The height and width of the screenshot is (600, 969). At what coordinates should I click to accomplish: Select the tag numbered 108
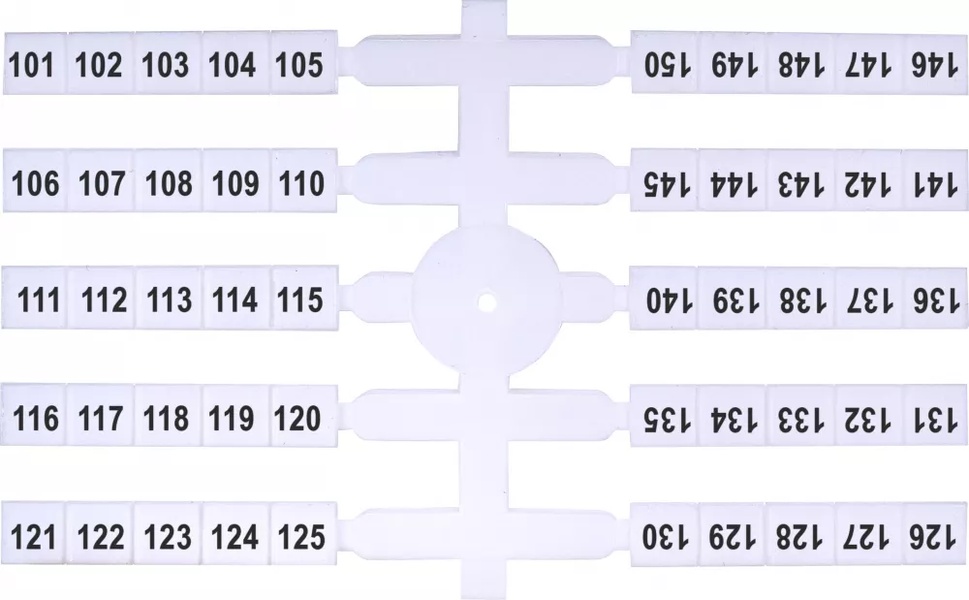click(168, 181)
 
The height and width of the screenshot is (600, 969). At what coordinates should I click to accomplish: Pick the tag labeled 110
click(304, 180)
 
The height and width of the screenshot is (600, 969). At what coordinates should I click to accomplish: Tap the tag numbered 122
click(100, 533)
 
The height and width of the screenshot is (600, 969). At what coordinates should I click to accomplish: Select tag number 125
click(303, 533)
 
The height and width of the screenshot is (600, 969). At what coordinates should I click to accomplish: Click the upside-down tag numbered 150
click(665, 62)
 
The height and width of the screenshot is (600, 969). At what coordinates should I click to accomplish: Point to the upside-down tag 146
click(936, 64)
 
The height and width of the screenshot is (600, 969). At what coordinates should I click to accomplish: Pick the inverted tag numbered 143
click(800, 181)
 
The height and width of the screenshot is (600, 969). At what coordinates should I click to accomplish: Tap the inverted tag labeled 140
click(664, 299)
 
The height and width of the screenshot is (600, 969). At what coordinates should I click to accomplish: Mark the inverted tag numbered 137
click(868, 299)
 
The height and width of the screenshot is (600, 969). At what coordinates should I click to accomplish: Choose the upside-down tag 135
click(664, 416)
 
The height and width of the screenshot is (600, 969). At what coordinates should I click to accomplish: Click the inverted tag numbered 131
click(936, 416)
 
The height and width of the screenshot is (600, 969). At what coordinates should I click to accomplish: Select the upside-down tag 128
click(799, 534)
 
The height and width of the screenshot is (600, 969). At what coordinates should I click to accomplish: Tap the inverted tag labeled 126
click(935, 534)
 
